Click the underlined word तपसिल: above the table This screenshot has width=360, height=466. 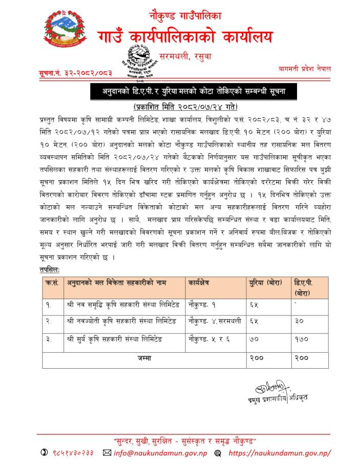(49, 269)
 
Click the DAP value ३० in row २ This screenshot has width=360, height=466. (300, 322)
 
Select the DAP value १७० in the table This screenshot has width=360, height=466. (301, 339)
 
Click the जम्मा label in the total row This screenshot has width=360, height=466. (145, 358)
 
